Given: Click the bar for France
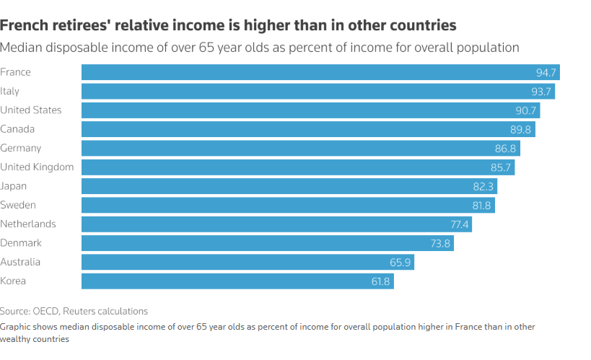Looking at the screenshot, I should [318, 72].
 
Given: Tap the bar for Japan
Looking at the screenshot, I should [289, 186].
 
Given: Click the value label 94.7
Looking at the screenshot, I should [546, 72].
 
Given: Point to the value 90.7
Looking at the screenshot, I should [525, 110].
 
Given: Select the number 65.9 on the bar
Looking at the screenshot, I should [400, 263].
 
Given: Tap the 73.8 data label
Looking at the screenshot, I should [440, 244].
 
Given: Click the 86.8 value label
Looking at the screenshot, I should [505, 149].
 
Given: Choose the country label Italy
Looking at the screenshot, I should [10, 91].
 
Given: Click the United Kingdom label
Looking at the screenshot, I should [37, 167].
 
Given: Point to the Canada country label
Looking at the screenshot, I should [17, 129].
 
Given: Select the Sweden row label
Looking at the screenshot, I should [18, 205].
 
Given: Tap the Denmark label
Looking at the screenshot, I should [21, 243].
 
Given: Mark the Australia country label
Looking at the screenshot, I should [20, 262].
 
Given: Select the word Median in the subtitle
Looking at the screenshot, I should [21, 48].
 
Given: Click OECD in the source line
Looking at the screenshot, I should [45, 311].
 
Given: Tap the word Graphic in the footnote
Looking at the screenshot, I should [17, 326].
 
